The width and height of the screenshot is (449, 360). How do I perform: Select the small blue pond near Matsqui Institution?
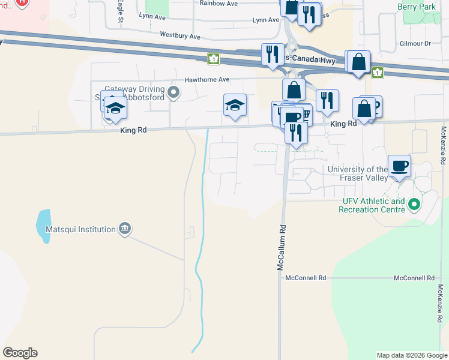pos(44,226)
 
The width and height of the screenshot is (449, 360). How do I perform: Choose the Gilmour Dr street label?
pos(415,44)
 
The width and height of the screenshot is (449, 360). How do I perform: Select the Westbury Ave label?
pos(180,36)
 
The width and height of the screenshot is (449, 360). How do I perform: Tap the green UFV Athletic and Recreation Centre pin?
pos(414,206)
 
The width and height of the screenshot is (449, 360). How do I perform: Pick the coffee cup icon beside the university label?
pos(399,166)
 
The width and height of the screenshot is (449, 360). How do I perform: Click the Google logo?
pos(20,353)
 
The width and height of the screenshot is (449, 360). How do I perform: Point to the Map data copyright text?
pos(411,355)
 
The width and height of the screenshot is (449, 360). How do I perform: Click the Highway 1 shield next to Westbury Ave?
pos(213,59)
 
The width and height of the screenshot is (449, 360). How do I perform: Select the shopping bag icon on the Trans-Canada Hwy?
pos(358,62)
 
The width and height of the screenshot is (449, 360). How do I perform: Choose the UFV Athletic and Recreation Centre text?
pos(372,205)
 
